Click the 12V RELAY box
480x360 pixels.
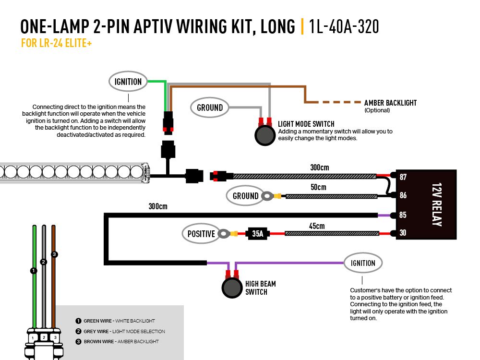pos(426,205)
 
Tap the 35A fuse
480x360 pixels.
pos(257,234)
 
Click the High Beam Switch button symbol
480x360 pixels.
pos(232,288)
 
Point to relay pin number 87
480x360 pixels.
pos(403,177)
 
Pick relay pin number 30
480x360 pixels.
pos(403,233)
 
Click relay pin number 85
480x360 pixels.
pos(403,215)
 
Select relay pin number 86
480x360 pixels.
pos(403,195)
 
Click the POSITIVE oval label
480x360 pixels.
pos(201,234)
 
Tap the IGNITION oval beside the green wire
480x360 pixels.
pos(128,82)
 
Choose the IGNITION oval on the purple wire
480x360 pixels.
pos(363,263)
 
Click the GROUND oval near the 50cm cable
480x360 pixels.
pos(245,196)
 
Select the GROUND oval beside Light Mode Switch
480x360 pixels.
pos(210,108)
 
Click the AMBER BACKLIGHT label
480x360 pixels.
pos(390,103)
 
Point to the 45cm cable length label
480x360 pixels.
pos(317,226)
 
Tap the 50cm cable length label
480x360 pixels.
pos(318,187)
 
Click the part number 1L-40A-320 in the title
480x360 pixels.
pos(344,27)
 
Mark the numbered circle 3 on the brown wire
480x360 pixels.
pos(54,254)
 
